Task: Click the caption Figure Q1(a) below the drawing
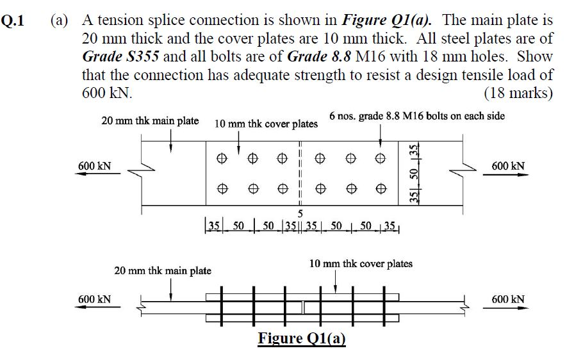point(301,338)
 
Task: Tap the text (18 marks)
point(518,93)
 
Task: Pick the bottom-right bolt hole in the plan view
point(381,188)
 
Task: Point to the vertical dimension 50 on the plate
point(414,174)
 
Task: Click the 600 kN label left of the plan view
point(94,167)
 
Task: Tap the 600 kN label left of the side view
point(94,299)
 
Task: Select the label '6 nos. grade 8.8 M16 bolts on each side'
point(417,116)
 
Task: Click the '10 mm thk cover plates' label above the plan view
point(266,124)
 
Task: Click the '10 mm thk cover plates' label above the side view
point(361,263)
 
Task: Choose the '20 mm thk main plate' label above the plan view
point(150,120)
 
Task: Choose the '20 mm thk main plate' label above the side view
point(163,270)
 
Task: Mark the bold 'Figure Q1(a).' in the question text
point(391,20)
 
